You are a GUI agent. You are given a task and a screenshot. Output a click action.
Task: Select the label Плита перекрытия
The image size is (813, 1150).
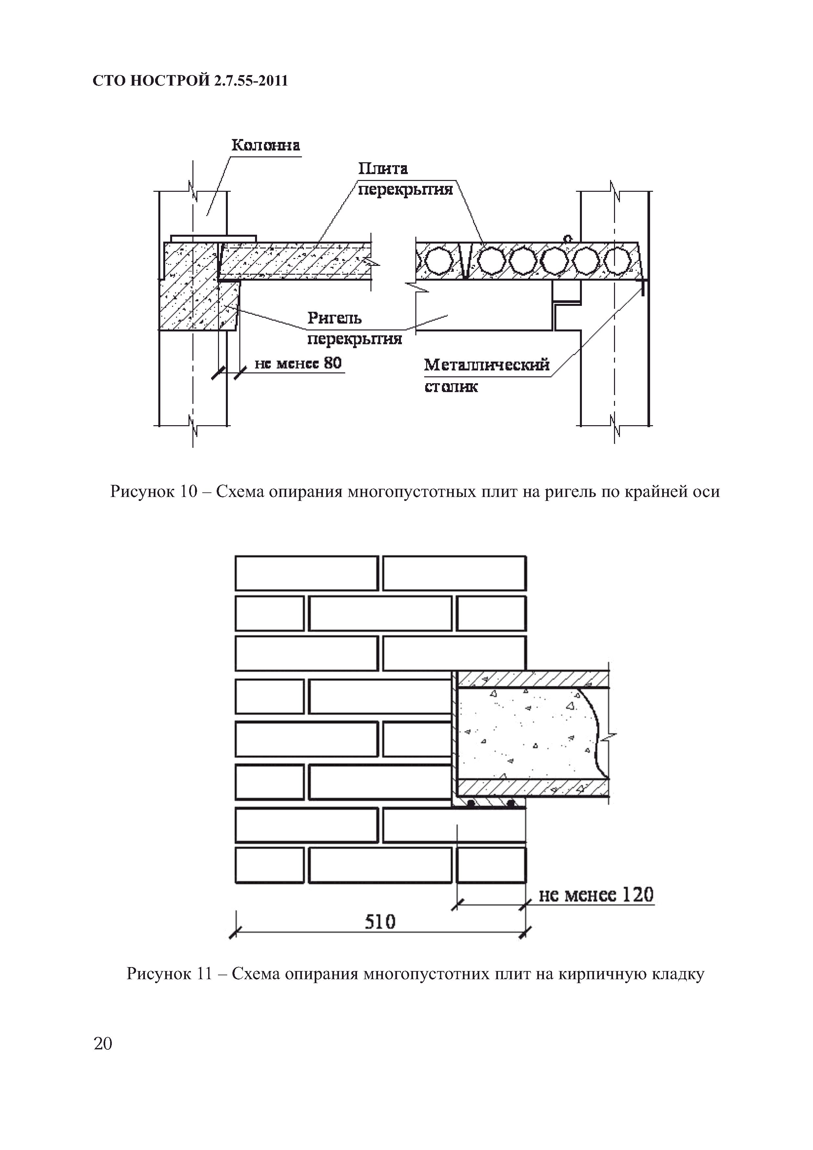click(x=405, y=179)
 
